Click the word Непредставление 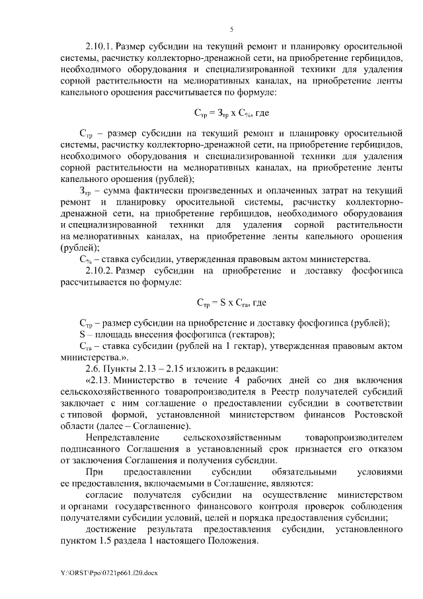point(122,437)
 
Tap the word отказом point(385,448)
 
